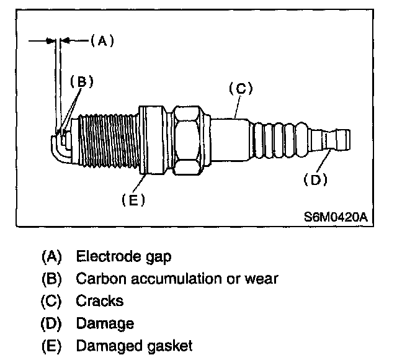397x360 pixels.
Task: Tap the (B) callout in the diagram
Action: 81,82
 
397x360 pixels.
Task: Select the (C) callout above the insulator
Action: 241,88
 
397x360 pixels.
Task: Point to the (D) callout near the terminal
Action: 315,179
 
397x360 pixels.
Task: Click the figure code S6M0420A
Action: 336,218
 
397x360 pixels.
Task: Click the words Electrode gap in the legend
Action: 123,255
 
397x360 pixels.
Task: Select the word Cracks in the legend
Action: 99,300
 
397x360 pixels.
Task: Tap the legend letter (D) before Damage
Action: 52,323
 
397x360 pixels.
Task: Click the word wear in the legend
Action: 263,278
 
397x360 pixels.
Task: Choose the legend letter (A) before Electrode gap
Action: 52,255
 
